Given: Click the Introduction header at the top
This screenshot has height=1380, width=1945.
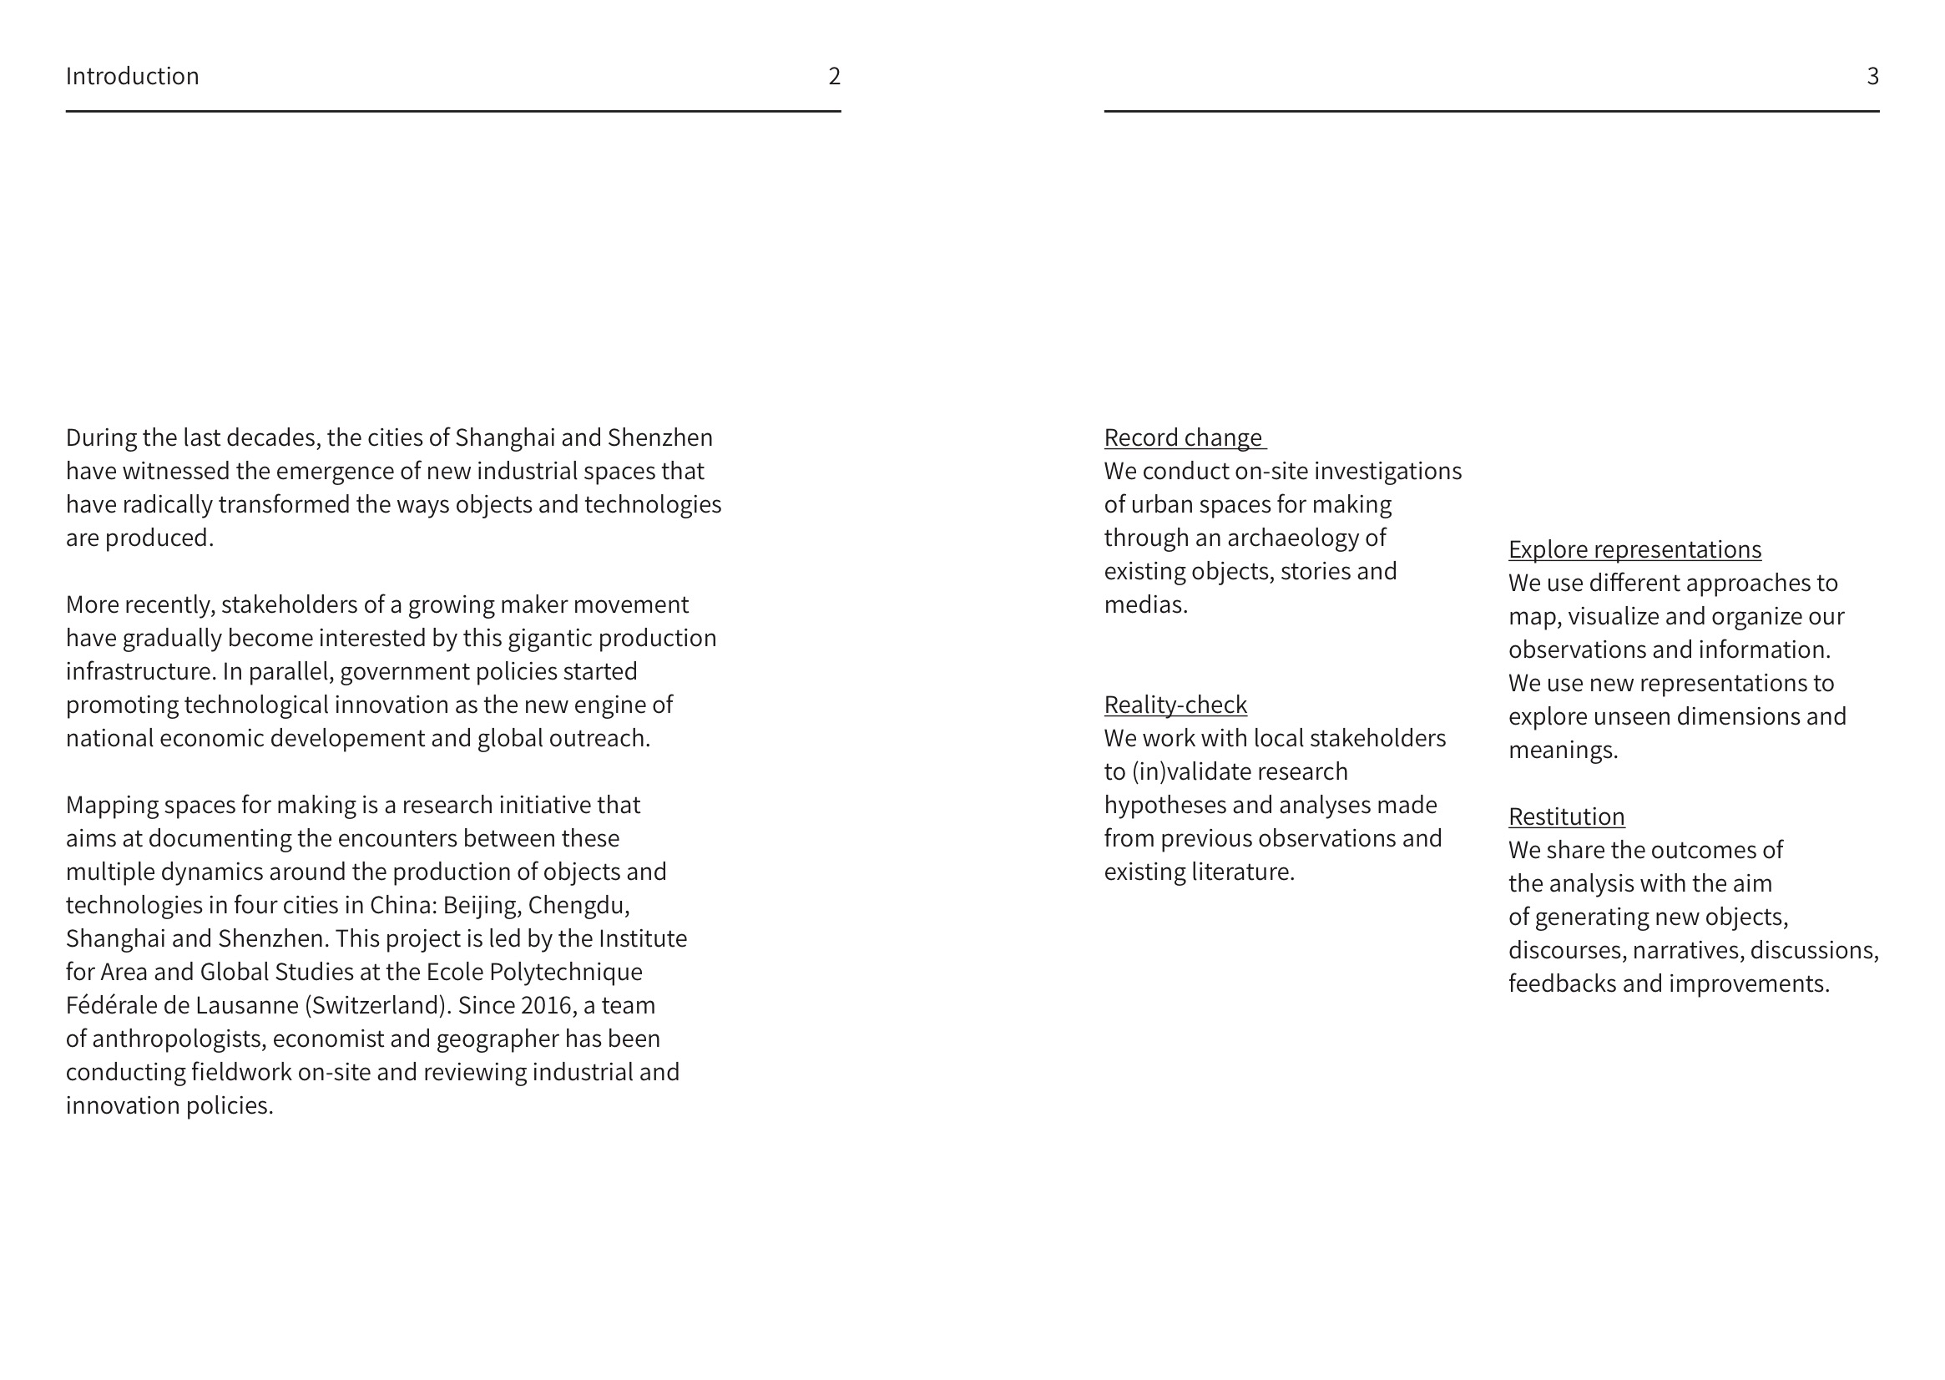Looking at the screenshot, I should pos(133,77).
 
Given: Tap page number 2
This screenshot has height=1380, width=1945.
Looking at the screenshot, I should pos(834,77).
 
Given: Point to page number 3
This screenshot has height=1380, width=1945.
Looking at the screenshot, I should pos(1872,77).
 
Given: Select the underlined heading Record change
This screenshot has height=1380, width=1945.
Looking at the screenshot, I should pos(1182,437).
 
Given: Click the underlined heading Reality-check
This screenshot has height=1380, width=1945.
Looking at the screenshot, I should pos(1175,705).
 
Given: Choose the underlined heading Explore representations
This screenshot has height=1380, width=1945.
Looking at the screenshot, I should pos(1634,550).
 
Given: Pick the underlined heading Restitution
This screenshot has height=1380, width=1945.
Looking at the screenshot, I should pos(1566,816).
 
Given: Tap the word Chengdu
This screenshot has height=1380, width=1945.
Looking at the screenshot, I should pos(578,905).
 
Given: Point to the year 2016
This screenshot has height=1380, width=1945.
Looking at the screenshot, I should pos(548,1005).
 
